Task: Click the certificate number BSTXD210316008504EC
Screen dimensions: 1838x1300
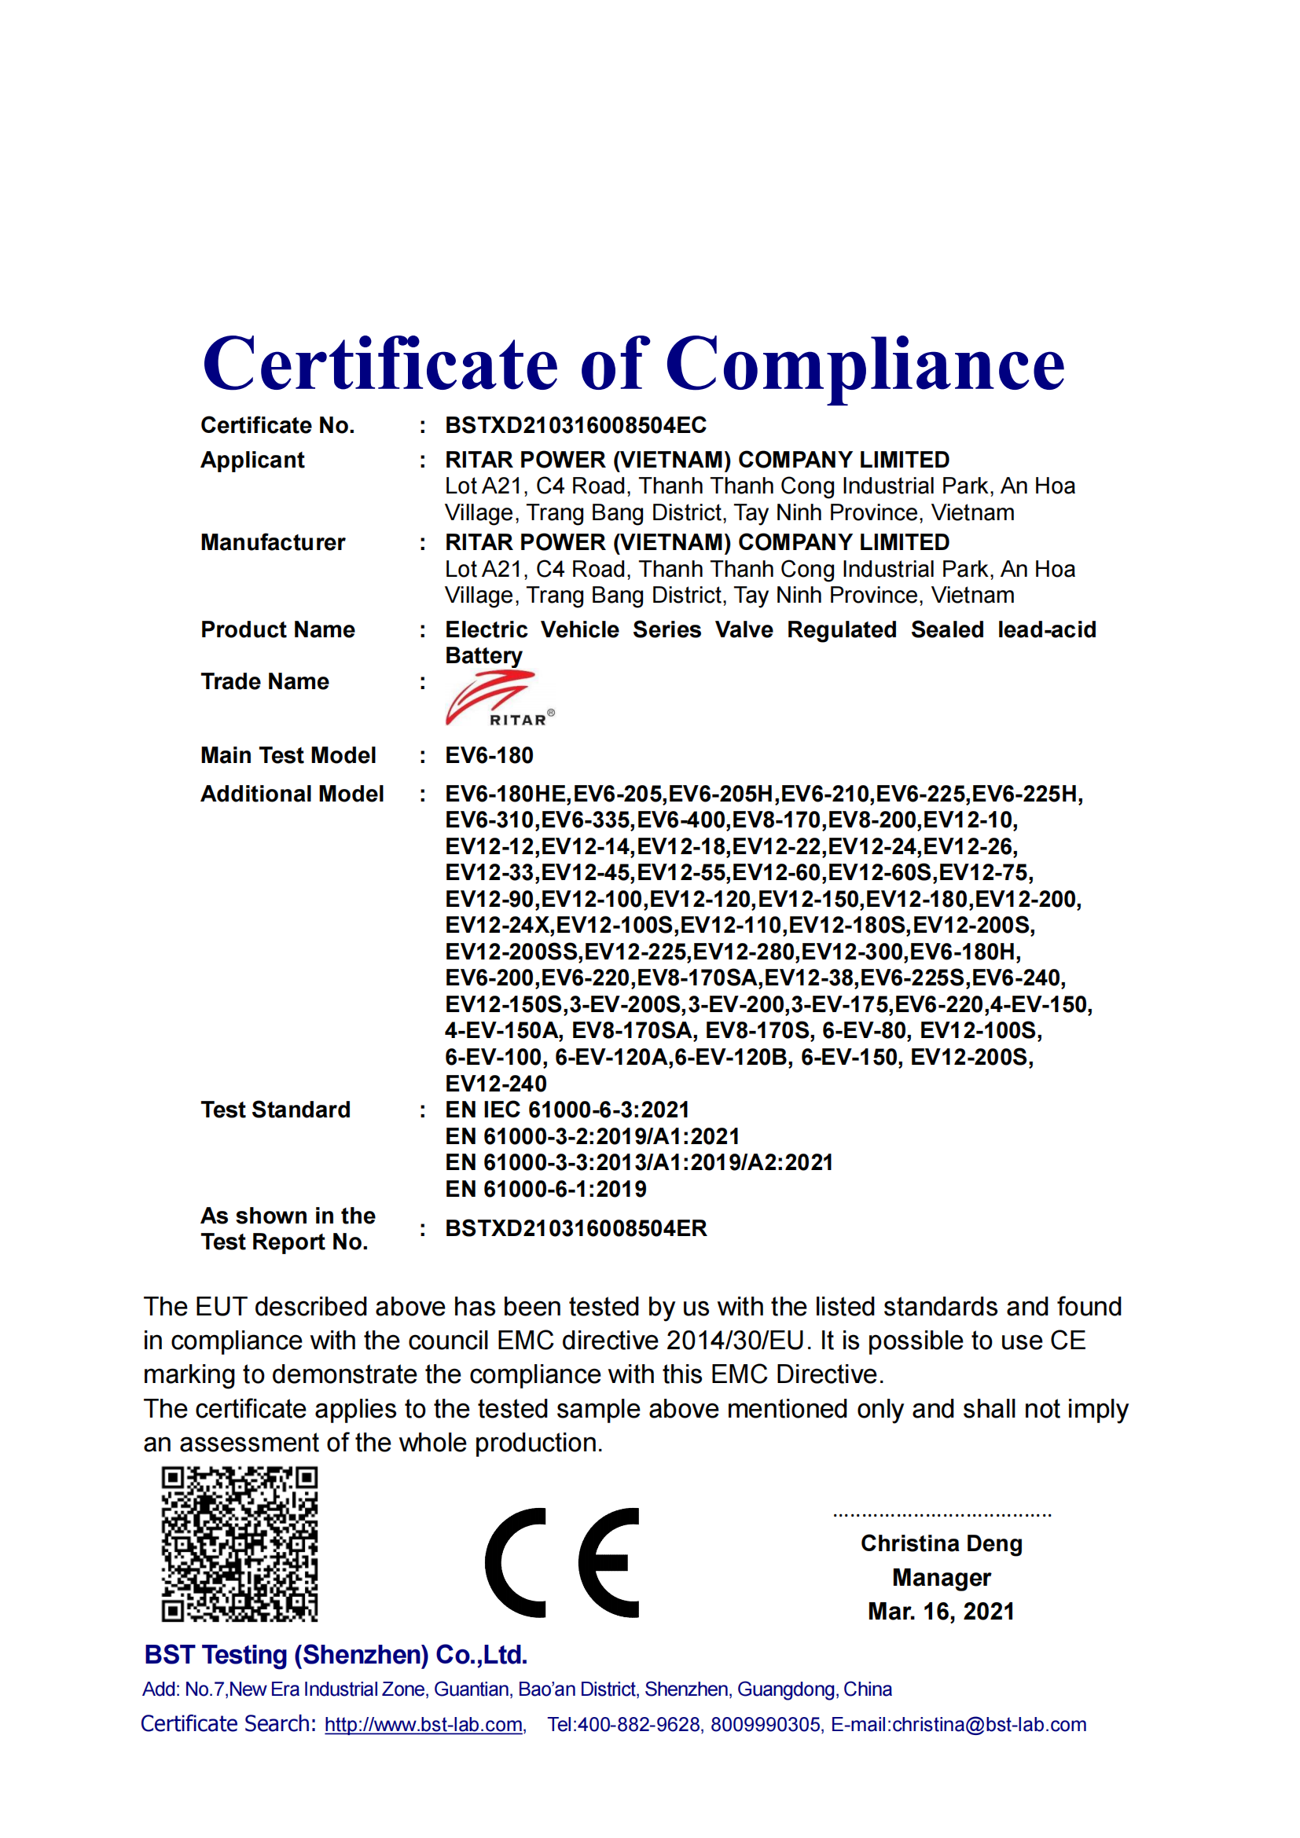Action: (x=575, y=425)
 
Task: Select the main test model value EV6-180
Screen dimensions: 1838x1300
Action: (x=489, y=755)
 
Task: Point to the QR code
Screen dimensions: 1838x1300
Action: (x=240, y=1544)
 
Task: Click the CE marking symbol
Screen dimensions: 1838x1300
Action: (x=562, y=1563)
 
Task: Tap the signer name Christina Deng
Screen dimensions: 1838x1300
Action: (x=942, y=1543)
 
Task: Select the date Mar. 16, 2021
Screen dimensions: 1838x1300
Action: (x=942, y=1611)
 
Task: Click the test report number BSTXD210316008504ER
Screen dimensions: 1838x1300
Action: (x=575, y=1228)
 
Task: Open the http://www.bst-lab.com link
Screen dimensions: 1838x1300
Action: (x=424, y=1724)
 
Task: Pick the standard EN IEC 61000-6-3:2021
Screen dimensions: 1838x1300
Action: (x=567, y=1110)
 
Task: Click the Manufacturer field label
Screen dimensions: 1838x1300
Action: (x=273, y=542)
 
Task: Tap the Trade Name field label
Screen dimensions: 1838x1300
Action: (x=265, y=681)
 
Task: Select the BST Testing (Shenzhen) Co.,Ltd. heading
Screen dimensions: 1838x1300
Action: (x=336, y=1654)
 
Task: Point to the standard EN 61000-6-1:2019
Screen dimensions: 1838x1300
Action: (x=545, y=1189)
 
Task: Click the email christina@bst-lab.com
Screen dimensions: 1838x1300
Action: (x=989, y=1724)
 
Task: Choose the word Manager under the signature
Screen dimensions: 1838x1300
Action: (x=942, y=1577)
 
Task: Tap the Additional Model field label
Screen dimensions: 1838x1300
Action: (x=292, y=794)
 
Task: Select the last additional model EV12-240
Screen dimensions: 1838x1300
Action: (x=495, y=1083)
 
